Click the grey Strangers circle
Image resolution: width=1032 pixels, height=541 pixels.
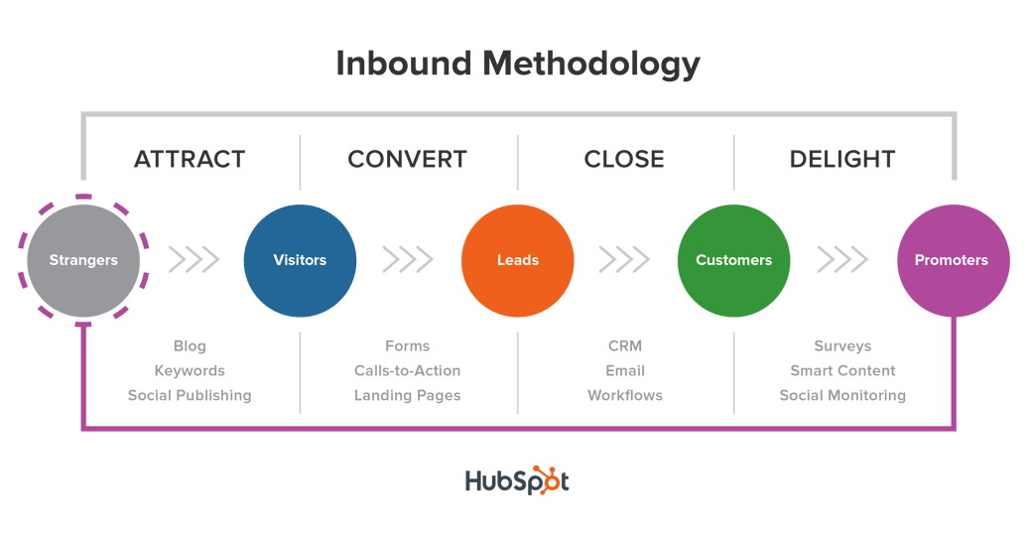pos(83,260)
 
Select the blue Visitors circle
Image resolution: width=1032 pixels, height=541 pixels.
pos(300,260)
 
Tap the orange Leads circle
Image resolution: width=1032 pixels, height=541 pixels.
pos(517,260)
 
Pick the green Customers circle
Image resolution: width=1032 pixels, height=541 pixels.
pos(733,260)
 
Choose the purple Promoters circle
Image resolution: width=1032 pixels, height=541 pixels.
pos(951,260)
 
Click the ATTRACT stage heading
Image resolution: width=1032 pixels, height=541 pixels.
pos(190,159)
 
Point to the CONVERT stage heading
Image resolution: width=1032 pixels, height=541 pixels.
pos(407,159)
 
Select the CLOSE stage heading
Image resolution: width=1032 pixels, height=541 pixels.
pos(624,159)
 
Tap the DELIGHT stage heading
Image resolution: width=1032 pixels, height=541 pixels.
pos(842,159)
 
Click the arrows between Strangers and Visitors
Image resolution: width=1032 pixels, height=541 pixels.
pos(193,260)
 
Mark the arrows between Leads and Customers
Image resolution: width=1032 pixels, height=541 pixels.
pos(624,260)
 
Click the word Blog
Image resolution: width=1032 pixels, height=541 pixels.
pos(190,345)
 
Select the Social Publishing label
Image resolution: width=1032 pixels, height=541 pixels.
pos(190,395)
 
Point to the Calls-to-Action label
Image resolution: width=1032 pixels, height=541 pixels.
pos(407,370)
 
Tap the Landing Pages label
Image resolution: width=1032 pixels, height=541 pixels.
pos(407,395)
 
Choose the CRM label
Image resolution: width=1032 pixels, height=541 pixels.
pos(625,345)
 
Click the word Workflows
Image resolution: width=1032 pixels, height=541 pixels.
pos(625,395)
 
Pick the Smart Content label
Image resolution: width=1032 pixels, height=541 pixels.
pos(842,370)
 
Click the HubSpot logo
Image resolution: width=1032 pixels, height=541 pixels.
pos(517,480)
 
